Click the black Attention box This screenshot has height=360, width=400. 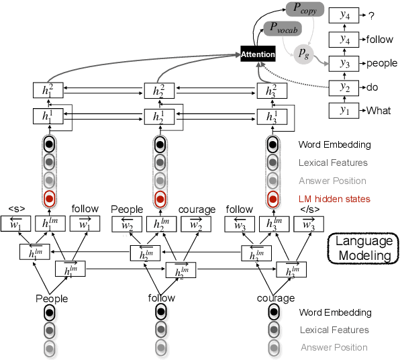point(259,52)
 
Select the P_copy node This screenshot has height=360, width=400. point(305,9)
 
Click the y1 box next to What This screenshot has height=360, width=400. point(344,111)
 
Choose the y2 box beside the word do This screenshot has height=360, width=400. point(344,87)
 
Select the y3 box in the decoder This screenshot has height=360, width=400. point(344,64)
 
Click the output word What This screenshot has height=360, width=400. point(378,111)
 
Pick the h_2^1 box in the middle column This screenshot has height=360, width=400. point(159,116)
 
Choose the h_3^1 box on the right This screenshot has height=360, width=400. point(272,116)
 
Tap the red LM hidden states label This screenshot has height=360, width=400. point(334,199)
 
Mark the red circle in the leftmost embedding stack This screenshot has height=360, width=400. point(48,198)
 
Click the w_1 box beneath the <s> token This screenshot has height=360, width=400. point(17,224)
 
